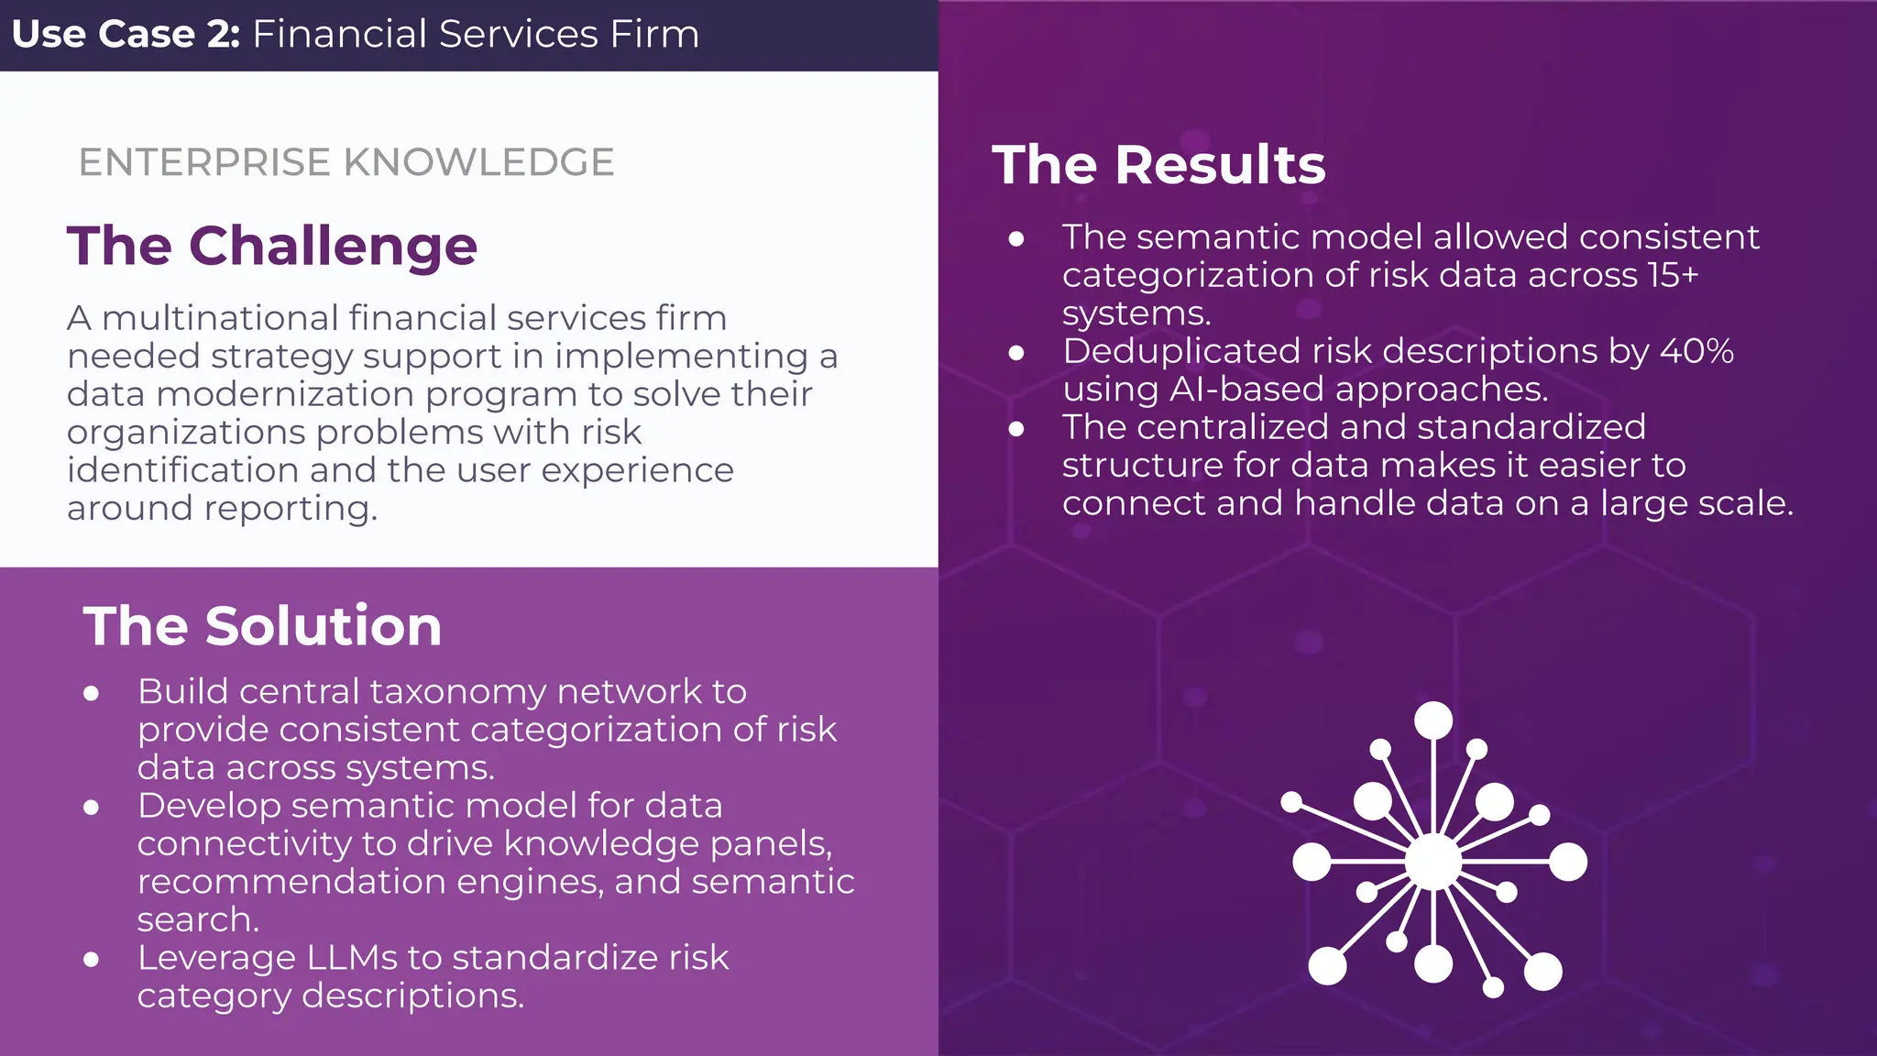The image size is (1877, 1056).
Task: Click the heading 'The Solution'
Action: click(x=262, y=626)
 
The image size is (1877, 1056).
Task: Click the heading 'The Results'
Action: click(x=1158, y=165)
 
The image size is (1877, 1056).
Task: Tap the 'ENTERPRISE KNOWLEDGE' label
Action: click(x=346, y=162)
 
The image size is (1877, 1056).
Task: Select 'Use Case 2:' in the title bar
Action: click(x=126, y=34)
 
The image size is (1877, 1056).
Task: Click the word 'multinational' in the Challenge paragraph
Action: click(x=220, y=318)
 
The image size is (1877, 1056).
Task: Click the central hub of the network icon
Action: click(x=1433, y=862)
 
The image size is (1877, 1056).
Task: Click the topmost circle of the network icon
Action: click(x=1433, y=720)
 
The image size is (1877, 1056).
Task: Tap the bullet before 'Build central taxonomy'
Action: click(x=91, y=693)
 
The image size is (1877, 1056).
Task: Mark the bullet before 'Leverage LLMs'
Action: click(x=91, y=960)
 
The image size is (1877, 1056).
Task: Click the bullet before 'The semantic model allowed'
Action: click(x=1015, y=239)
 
